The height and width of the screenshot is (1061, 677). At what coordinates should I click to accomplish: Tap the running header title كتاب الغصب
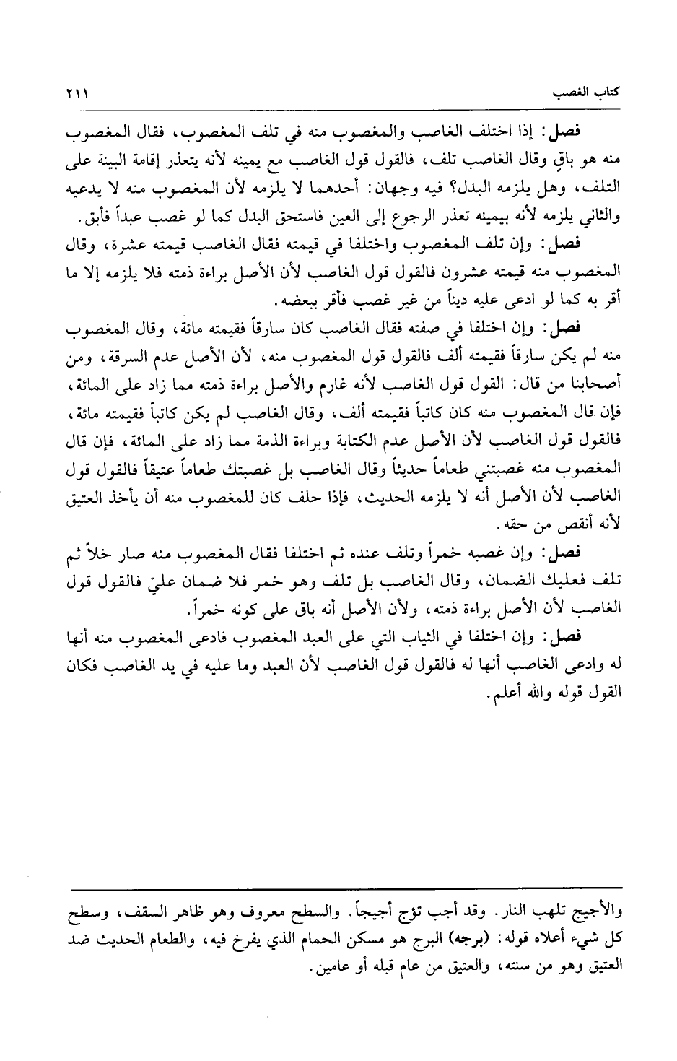[583, 95]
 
